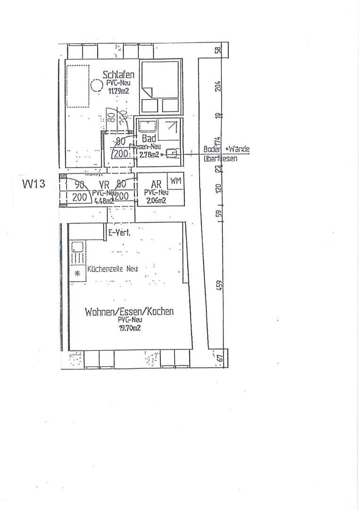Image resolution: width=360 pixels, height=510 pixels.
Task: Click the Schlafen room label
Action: point(118,75)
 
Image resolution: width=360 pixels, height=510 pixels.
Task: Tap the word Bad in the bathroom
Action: point(149,139)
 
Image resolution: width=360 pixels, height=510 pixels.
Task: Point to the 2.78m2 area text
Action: point(148,153)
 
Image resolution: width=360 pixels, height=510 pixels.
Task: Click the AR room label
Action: point(156,185)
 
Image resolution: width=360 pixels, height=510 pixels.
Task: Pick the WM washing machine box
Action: point(176,180)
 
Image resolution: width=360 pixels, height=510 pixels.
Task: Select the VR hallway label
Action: point(104,185)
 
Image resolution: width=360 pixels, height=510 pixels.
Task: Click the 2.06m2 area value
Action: point(156,201)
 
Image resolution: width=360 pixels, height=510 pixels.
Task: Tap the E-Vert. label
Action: point(120,232)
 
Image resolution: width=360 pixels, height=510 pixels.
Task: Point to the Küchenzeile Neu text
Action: point(112,269)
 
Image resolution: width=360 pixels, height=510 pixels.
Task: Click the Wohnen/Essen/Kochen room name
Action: point(129,312)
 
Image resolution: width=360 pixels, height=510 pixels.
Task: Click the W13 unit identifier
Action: point(33,184)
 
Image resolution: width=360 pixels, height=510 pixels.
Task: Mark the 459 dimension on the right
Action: point(219,286)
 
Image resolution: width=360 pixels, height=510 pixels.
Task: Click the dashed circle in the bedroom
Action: point(97,86)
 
